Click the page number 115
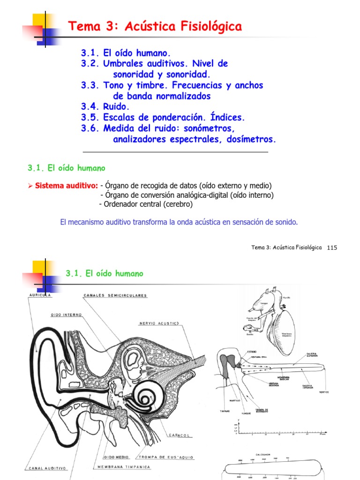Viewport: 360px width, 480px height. [332, 247]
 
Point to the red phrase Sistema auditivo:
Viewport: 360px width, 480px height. [66, 186]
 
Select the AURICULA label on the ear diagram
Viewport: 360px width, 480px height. [39, 296]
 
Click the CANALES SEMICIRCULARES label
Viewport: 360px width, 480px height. [115, 296]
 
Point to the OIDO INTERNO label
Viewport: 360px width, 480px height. [66, 315]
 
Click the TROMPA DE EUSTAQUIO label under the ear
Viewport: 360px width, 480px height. [166, 457]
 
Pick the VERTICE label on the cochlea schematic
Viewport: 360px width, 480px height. [323, 392]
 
